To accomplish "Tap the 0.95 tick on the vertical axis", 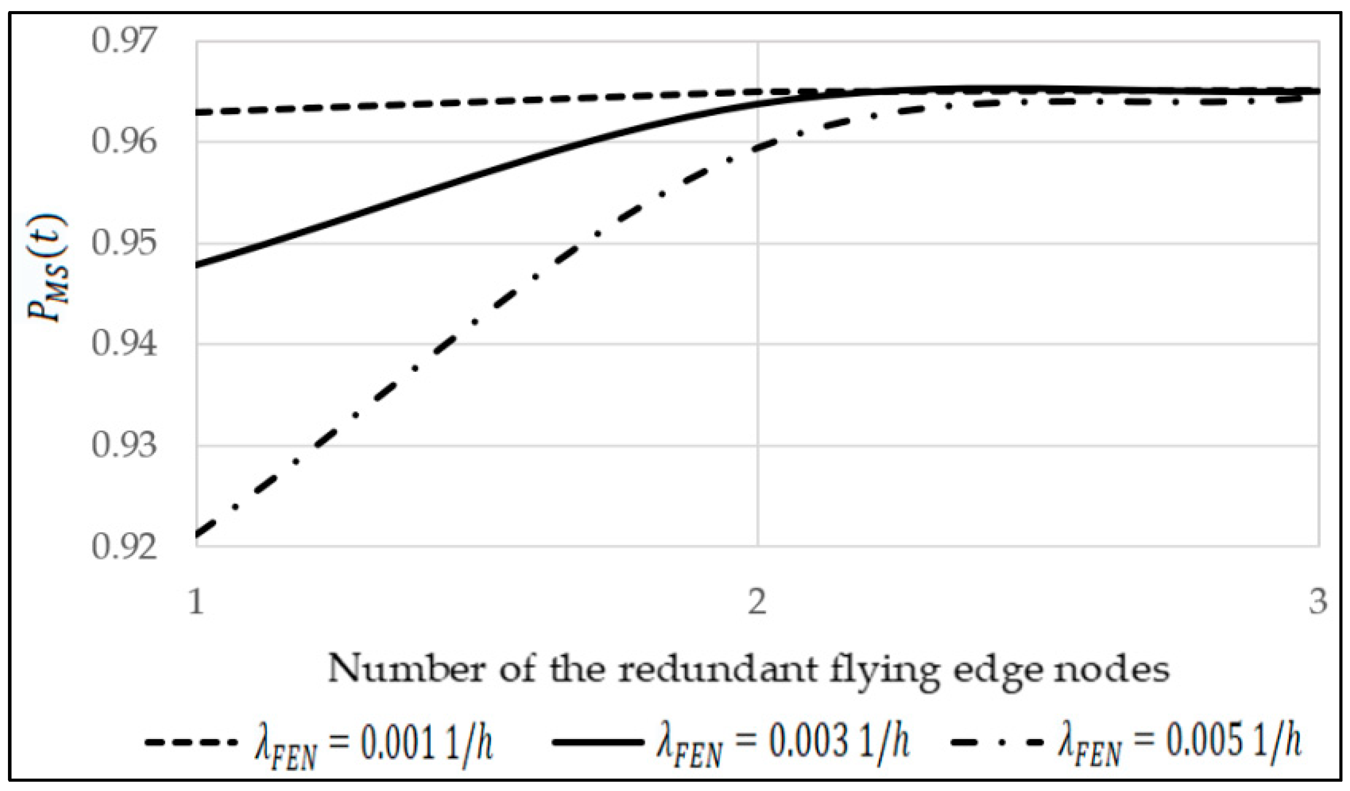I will pos(124,243).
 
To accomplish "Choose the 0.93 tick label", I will pos(124,445).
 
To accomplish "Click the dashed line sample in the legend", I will pos(190,743).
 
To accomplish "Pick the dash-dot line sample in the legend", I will pos(997,743).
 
